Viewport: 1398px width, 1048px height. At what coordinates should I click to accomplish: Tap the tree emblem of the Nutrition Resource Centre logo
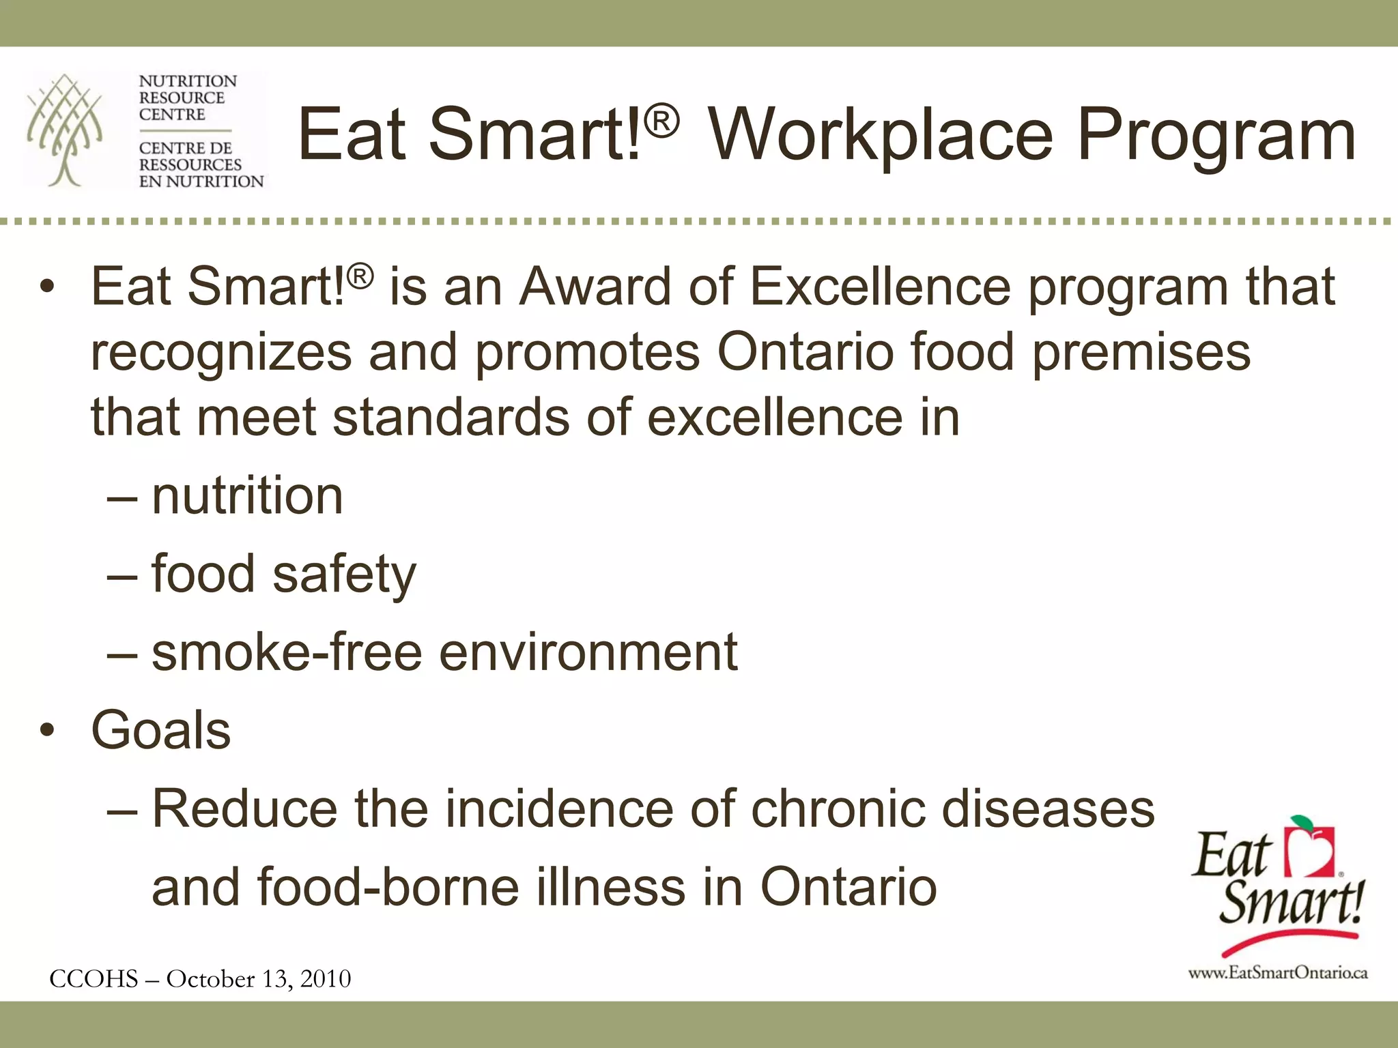coord(65,130)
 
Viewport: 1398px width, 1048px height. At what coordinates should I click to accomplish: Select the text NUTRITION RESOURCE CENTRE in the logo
coord(187,98)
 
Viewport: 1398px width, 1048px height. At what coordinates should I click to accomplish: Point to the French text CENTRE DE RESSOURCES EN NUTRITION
coord(200,165)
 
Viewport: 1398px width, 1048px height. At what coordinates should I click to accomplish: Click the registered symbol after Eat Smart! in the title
coord(661,121)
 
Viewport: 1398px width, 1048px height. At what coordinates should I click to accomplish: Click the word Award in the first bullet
coord(595,287)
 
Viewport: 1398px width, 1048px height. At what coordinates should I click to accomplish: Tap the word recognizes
coord(220,353)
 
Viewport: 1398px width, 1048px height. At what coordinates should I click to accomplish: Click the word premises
coord(1141,352)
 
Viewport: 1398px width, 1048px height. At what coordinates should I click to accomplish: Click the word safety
coord(344,574)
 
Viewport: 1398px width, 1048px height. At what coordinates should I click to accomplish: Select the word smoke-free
coord(287,652)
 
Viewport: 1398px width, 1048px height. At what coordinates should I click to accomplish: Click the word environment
coord(588,652)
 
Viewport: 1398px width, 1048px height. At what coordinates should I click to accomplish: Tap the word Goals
coord(161,730)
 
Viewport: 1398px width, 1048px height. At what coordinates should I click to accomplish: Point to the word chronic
coord(838,809)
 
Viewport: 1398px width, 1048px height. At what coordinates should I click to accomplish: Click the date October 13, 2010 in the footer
coord(259,979)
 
